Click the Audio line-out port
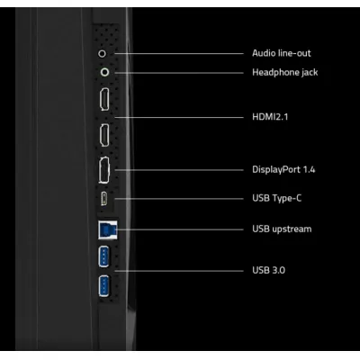coord(103,54)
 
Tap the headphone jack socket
coord(104,72)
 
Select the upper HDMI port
coord(104,100)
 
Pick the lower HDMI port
coord(104,135)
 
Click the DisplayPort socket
coord(104,170)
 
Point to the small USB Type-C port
coord(103,199)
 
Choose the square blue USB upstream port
coord(108,230)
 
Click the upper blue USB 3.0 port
coord(103,256)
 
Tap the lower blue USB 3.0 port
coord(103,286)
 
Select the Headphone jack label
coord(285,73)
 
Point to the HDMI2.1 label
coord(270,117)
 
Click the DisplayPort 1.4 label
coord(283,170)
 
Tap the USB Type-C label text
coord(276,199)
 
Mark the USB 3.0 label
coord(268,270)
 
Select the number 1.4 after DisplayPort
coord(309,169)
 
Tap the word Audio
coord(264,53)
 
